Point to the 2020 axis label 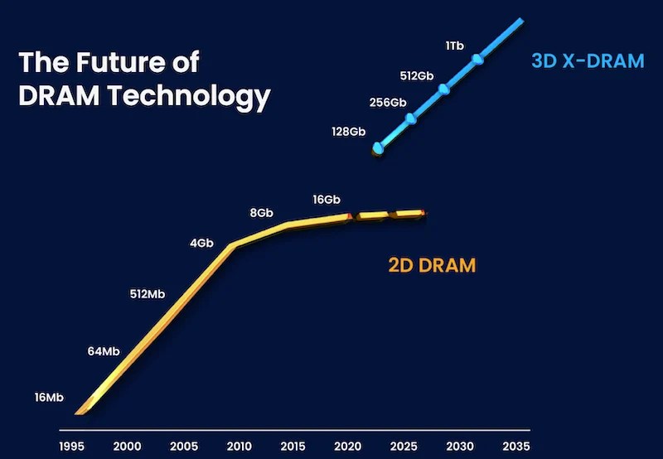click(349, 446)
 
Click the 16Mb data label click(49, 398)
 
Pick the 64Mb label click(103, 351)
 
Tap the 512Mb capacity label click(148, 293)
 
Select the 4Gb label click(202, 244)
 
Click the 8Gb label click(261, 213)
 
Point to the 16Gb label click(327, 200)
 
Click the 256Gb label click(387, 103)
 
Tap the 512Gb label click(417, 75)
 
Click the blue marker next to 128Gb click(379, 148)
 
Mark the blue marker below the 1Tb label click(477, 60)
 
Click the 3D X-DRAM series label click(588, 62)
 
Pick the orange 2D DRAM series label click(432, 266)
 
